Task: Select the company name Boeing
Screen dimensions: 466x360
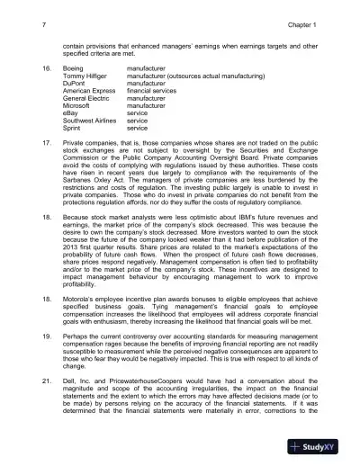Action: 75,68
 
